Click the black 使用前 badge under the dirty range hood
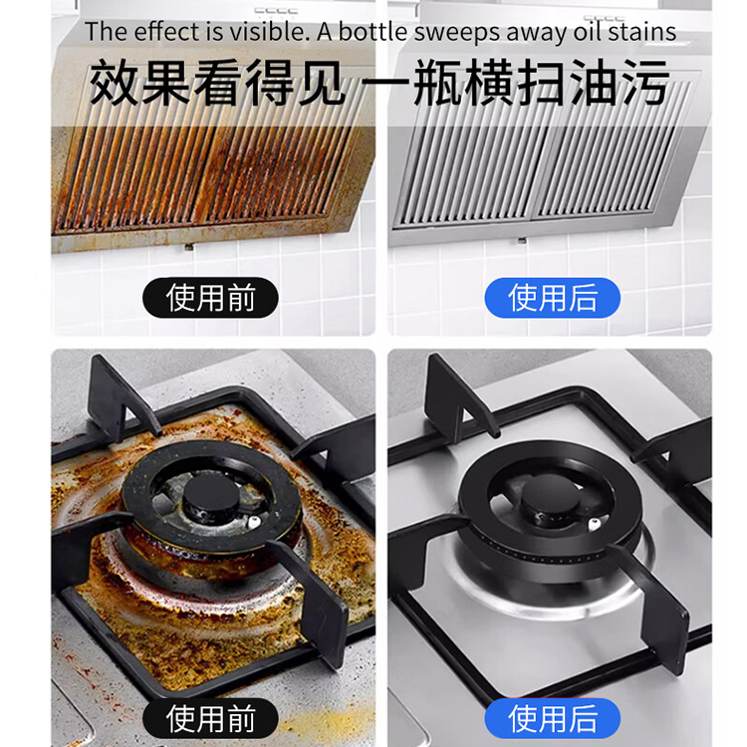point(210,298)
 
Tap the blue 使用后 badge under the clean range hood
point(552,298)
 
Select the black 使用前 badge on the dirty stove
point(210,718)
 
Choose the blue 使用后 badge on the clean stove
point(552,718)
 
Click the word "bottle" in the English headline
point(373,32)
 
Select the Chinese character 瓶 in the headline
point(438,83)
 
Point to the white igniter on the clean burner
point(594,525)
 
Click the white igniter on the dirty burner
point(253,522)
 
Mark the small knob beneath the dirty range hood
point(189,247)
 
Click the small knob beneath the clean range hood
point(522,241)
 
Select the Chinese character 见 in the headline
point(321,83)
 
